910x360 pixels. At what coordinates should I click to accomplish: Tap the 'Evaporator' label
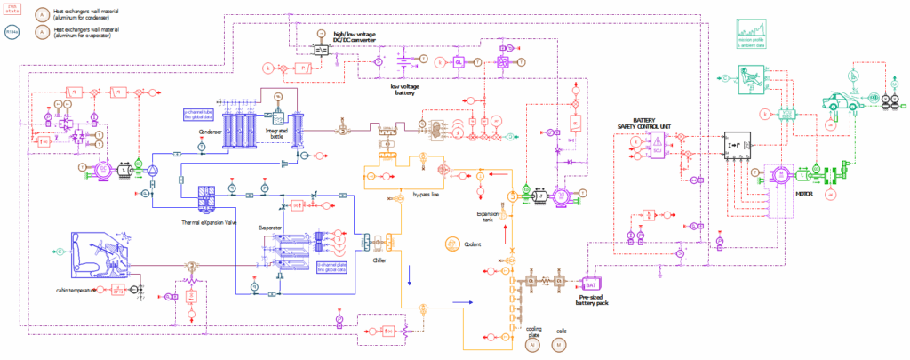271,228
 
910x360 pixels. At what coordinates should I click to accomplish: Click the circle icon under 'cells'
559,344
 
